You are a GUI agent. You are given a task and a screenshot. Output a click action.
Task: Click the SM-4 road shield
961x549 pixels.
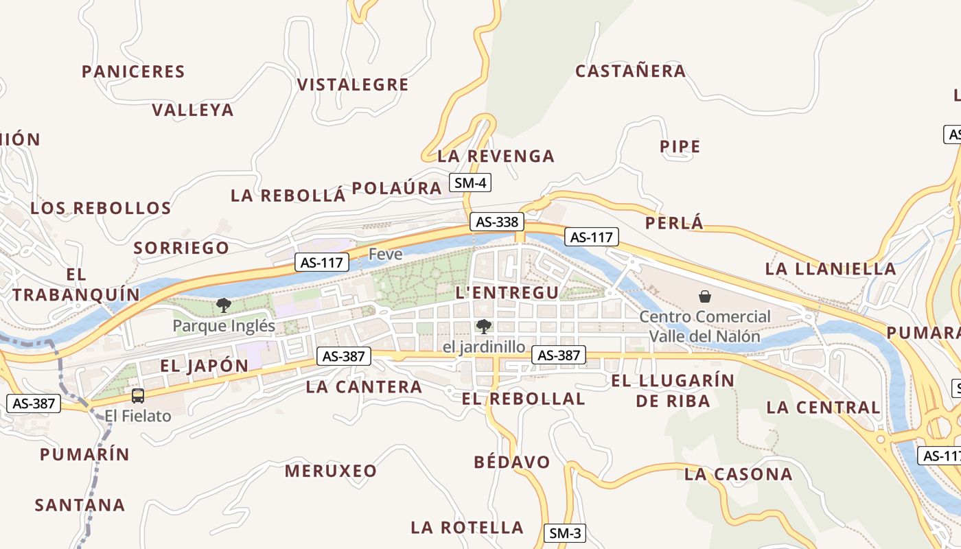[470, 183]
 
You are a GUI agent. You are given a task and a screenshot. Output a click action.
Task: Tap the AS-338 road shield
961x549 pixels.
[497, 222]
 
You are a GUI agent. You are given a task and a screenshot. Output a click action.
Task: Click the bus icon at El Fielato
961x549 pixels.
[138, 395]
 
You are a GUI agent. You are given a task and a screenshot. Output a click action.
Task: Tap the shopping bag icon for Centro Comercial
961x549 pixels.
[704, 296]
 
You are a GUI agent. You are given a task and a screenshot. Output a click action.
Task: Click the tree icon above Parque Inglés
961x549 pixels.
[223, 305]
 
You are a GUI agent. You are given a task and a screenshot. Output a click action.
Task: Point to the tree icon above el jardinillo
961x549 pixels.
[484, 326]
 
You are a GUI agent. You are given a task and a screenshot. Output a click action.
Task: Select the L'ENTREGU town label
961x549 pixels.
[507, 293]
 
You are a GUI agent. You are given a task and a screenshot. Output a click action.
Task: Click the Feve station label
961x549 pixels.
[385, 254]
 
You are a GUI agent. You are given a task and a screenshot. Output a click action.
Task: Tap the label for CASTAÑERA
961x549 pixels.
[630, 71]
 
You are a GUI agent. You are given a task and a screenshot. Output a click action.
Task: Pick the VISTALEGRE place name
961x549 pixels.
[353, 85]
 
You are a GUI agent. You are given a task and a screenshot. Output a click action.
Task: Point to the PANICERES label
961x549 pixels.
[133, 72]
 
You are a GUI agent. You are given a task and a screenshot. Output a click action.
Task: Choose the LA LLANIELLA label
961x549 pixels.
[831, 269]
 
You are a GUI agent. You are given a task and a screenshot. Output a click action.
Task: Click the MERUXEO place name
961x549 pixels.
[331, 471]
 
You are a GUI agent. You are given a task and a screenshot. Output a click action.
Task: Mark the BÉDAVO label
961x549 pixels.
[512, 463]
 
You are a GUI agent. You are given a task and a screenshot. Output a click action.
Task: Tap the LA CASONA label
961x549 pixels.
[739, 474]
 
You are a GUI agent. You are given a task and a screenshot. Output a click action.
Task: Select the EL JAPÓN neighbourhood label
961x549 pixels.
[205, 366]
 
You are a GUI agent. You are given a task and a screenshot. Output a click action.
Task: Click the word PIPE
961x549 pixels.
[680, 147]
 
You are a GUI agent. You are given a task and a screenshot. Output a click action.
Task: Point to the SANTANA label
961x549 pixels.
[80, 506]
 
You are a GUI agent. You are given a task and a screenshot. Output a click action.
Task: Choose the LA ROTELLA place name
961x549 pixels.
[467, 528]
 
